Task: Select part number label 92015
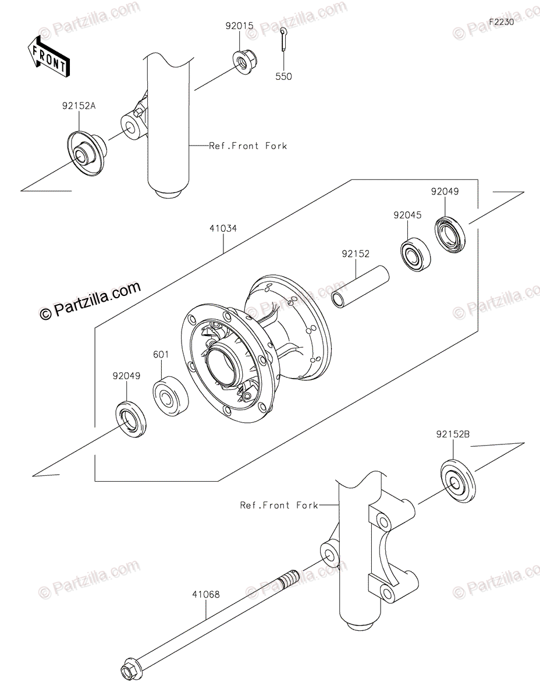239,26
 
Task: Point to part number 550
283,76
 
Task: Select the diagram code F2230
501,22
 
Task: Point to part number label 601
161,354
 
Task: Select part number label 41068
206,595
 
